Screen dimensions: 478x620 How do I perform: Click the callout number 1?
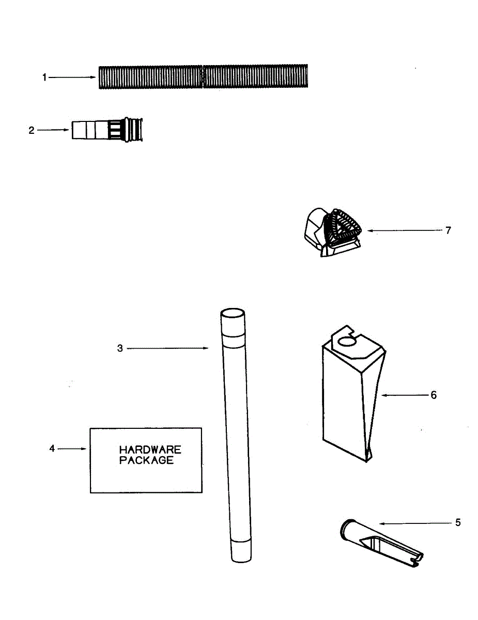click(x=44, y=78)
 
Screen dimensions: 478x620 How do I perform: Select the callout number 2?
click(x=32, y=130)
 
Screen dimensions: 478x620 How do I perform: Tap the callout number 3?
click(x=120, y=349)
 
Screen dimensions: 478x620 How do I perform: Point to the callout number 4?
click(x=52, y=448)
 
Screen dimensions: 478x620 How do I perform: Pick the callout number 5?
click(x=458, y=523)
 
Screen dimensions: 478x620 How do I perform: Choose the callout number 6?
click(x=434, y=395)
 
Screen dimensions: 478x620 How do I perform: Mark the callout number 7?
click(x=448, y=230)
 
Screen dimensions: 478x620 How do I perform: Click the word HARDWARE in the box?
click(x=150, y=451)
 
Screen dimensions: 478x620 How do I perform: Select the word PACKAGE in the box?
click(x=147, y=460)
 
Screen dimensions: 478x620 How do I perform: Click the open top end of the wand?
click(x=233, y=314)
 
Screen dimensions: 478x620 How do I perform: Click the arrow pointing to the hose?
click(x=72, y=78)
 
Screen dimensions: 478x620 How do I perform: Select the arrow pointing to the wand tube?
click(x=167, y=349)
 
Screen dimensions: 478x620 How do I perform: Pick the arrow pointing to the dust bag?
click(x=403, y=395)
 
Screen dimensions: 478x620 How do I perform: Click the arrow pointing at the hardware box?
click(x=72, y=449)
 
